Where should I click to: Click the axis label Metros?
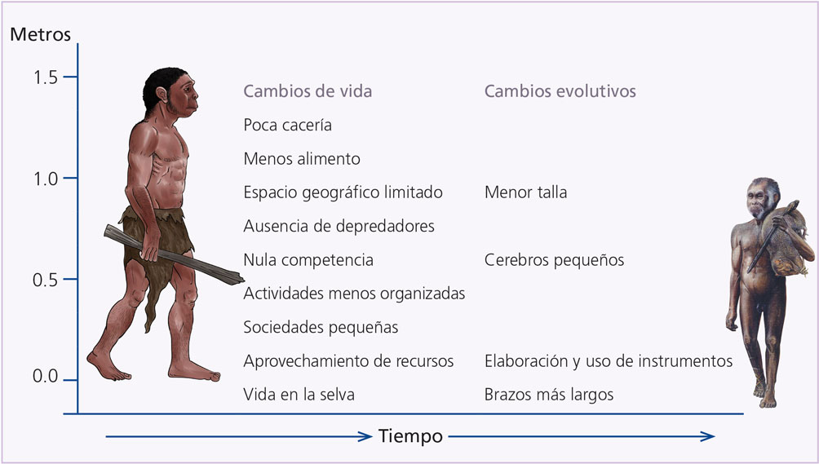coord(40,34)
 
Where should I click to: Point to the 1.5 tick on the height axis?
coord(70,77)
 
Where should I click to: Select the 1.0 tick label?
coord(46,179)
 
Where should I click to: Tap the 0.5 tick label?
coord(46,280)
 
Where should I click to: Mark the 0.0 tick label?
coord(46,376)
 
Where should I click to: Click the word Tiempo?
coord(410,435)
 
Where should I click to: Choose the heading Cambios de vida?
coord(308,91)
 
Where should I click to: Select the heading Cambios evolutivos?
coord(560,91)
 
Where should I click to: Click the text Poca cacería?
coord(287,126)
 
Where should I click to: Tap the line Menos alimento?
coord(302,159)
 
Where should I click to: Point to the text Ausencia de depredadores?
coord(339,227)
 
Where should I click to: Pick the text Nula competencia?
coord(308,260)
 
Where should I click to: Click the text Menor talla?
coord(525,192)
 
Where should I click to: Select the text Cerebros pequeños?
coord(554,260)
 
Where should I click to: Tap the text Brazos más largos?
coord(549,395)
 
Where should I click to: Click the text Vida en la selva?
coord(299,395)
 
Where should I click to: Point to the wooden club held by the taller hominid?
coord(174,254)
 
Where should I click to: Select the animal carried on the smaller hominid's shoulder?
coord(783,240)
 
